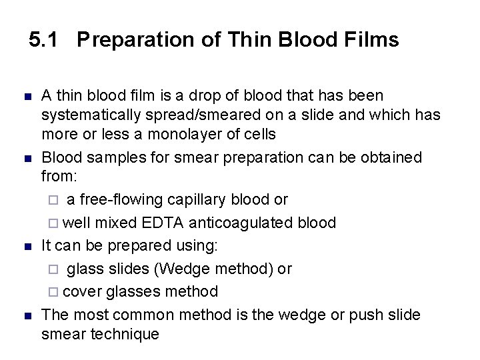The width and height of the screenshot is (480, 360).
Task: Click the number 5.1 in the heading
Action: pos(44,40)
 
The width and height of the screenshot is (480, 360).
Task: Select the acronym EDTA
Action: pos(168,222)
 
